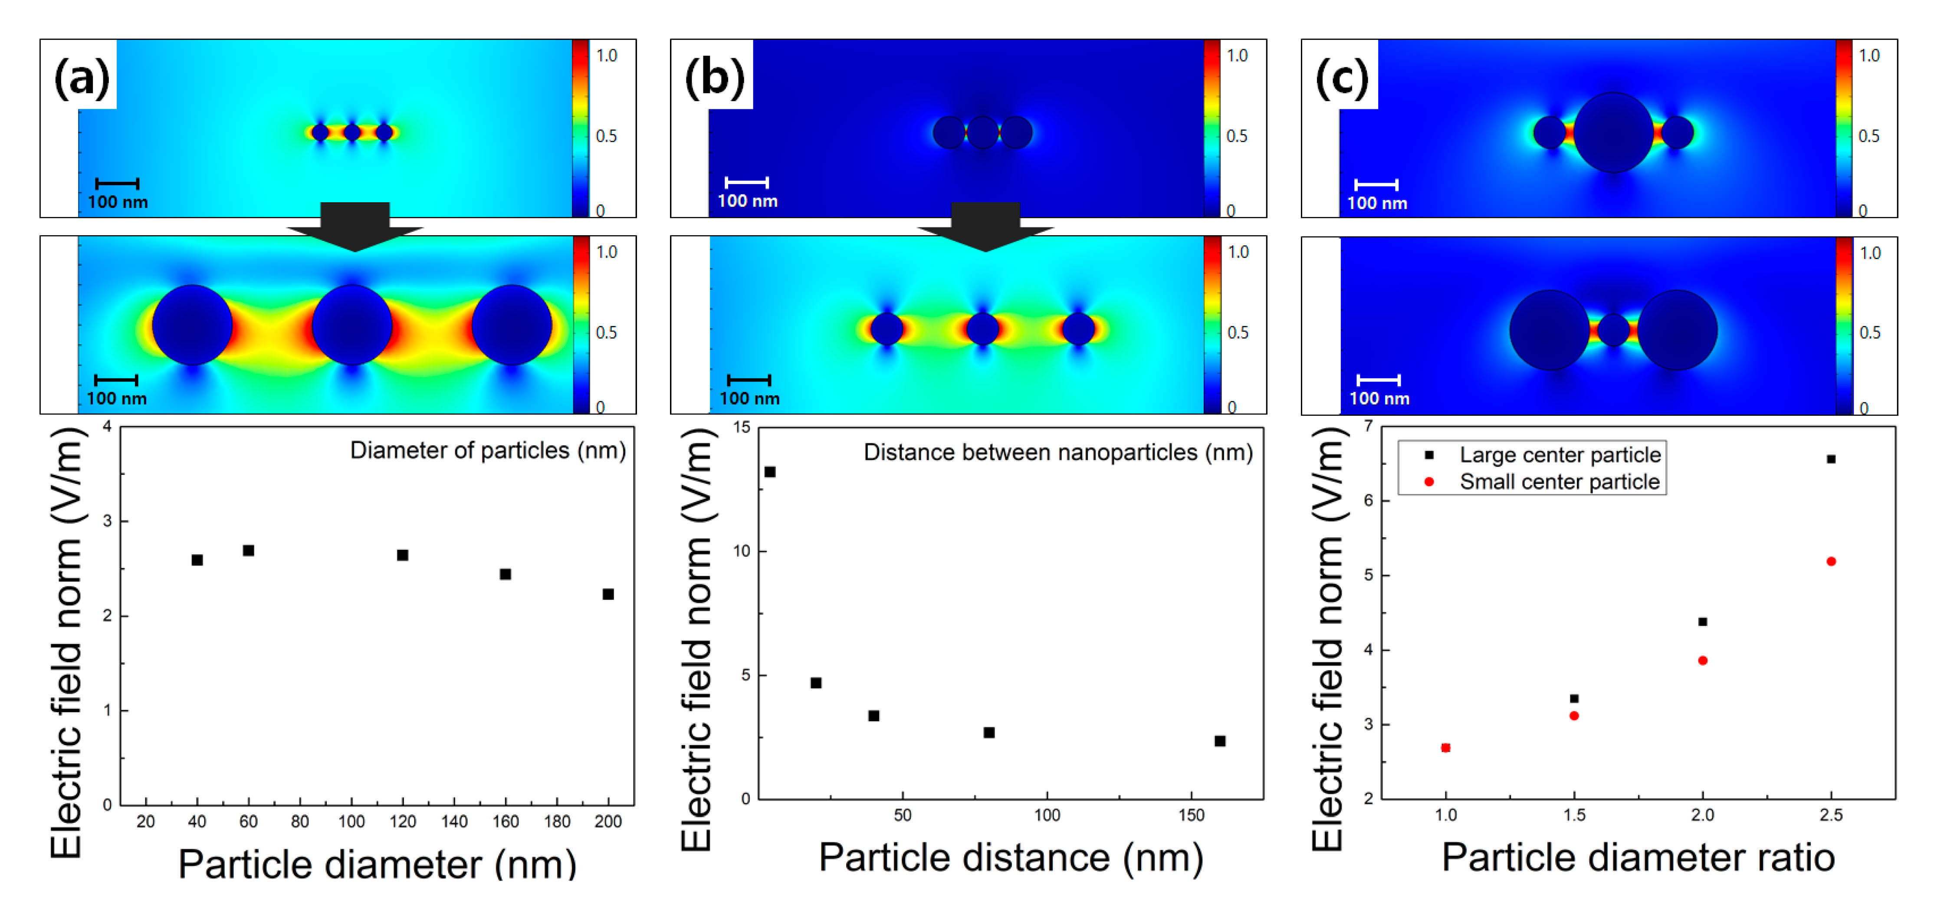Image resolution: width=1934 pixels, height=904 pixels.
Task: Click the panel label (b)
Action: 714,77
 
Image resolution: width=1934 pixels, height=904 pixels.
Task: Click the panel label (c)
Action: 1343,77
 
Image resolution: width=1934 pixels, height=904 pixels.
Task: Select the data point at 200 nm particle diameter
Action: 608,594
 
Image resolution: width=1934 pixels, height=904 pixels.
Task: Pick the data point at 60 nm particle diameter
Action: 249,550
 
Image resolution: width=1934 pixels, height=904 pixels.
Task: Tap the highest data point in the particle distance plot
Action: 769,471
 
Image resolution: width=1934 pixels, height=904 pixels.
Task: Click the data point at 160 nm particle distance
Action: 1220,741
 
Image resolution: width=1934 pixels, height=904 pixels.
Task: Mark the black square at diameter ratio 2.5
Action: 1831,459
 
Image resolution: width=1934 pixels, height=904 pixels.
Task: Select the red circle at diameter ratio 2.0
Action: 1703,661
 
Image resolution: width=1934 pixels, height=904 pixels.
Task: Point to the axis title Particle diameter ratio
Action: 1638,858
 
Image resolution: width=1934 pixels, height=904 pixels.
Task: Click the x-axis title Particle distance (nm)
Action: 1011,858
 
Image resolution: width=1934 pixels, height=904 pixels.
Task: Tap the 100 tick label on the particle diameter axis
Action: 351,822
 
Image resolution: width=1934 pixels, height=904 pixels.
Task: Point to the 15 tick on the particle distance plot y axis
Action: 742,427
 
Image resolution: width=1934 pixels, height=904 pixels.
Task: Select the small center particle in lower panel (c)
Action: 1613,329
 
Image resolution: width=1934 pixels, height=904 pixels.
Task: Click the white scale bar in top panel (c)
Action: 1376,184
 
